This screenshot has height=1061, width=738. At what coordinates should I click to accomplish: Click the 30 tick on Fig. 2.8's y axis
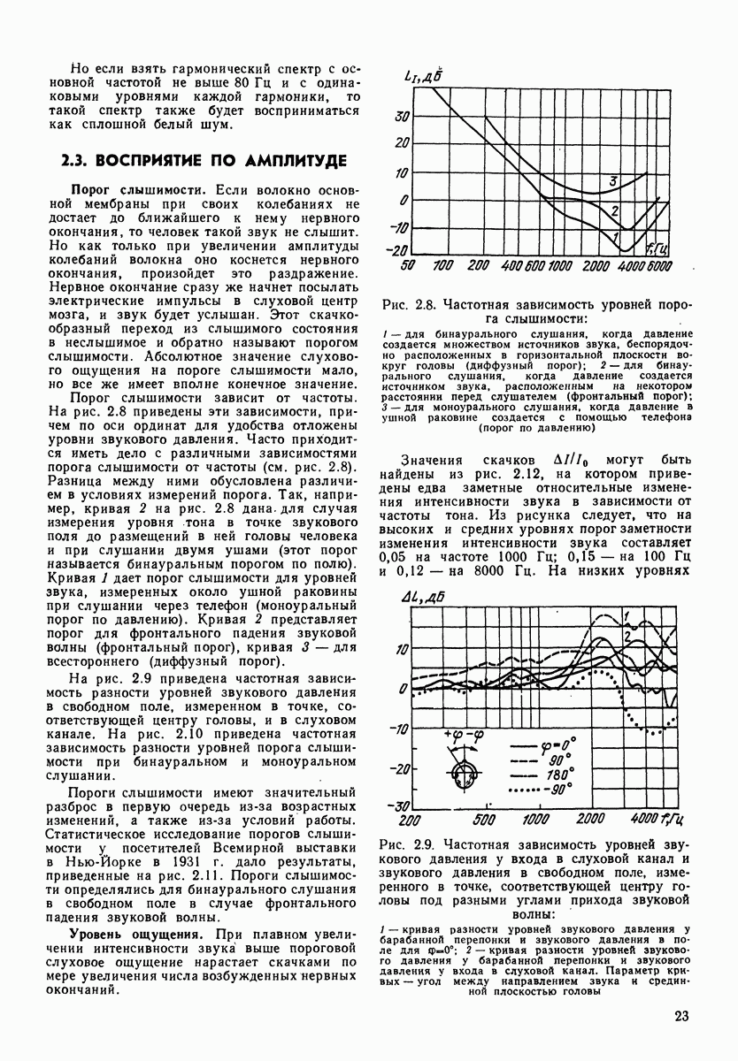tap(401, 116)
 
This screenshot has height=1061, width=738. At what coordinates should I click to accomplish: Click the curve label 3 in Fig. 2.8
tap(611, 181)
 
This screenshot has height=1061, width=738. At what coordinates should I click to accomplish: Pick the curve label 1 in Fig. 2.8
tap(608, 235)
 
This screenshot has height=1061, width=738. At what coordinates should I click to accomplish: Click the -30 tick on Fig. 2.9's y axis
tap(398, 805)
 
